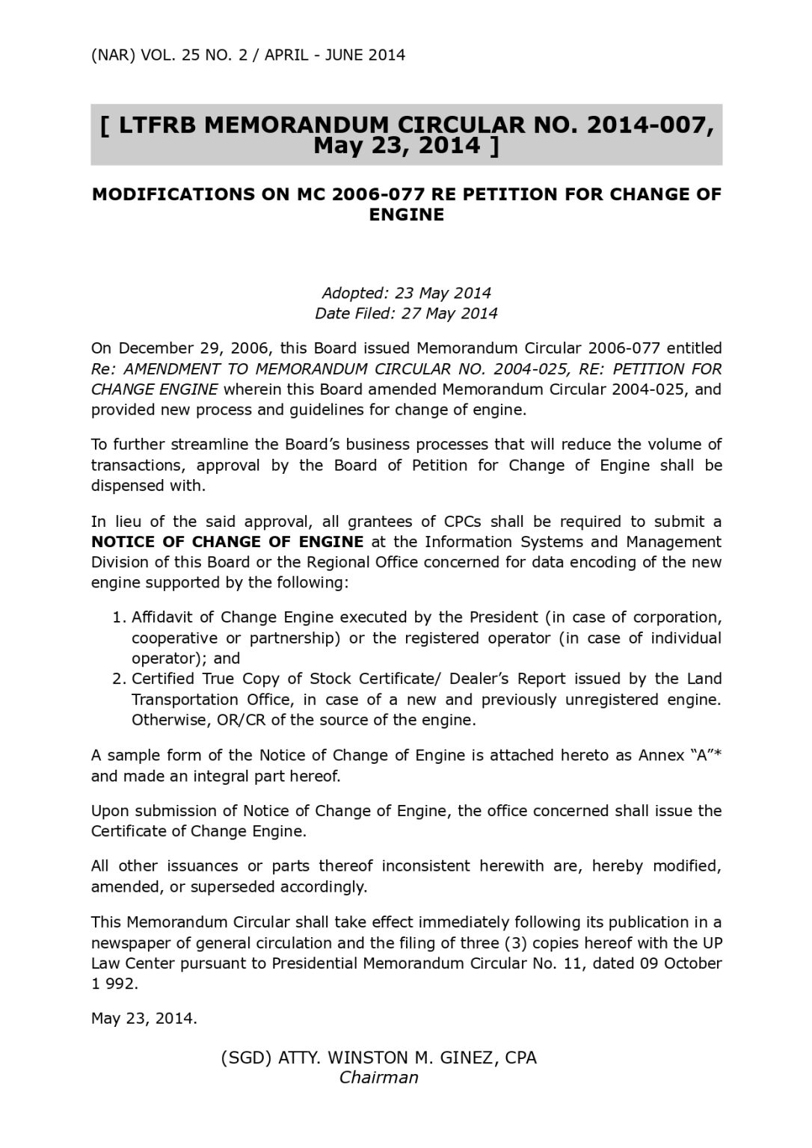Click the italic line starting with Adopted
click(x=406, y=293)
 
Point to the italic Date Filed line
click(x=406, y=313)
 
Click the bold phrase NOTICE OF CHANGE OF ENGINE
click(x=227, y=542)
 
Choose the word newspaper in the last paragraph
click(x=126, y=943)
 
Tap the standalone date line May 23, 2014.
click(x=144, y=1019)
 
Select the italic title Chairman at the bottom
click(x=378, y=1078)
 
